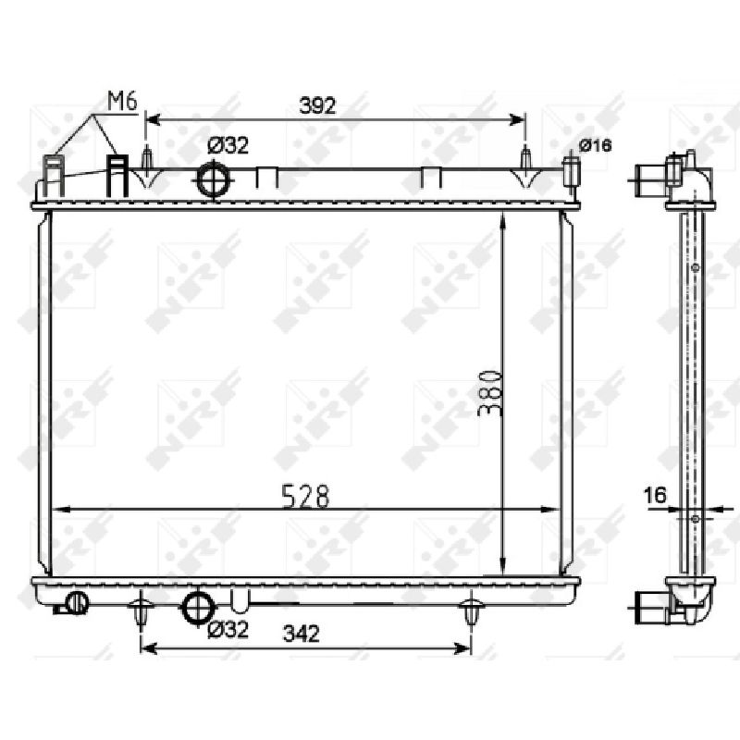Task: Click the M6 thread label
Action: (x=122, y=102)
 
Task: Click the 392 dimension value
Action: (x=317, y=105)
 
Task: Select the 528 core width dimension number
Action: (x=305, y=497)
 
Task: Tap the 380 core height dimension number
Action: (x=489, y=394)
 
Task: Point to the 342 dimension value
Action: (x=302, y=634)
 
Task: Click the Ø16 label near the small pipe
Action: (x=595, y=146)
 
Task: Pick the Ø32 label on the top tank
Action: (x=228, y=146)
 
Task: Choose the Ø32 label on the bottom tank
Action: (x=228, y=630)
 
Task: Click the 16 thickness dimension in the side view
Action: (x=656, y=495)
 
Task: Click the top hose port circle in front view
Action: (x=214, y=179)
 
